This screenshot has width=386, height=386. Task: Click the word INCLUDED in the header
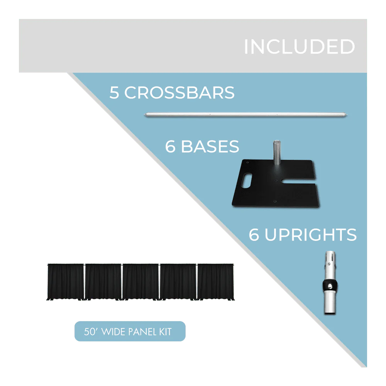(299, 47)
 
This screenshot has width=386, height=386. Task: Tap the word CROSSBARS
(179, 93)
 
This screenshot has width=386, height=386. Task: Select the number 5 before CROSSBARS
(114, 93)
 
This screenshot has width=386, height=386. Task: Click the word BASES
(210, 147)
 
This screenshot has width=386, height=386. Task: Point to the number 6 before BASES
(170, 147)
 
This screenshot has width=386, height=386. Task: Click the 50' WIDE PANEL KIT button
(130, 332)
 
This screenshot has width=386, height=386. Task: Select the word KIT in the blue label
(165, 332)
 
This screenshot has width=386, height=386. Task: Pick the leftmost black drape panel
(65, 281)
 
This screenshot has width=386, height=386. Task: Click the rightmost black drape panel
(215, 281)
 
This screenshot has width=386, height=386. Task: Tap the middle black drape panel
(141, 281)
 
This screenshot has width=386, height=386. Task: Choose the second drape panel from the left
(103, 281)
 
